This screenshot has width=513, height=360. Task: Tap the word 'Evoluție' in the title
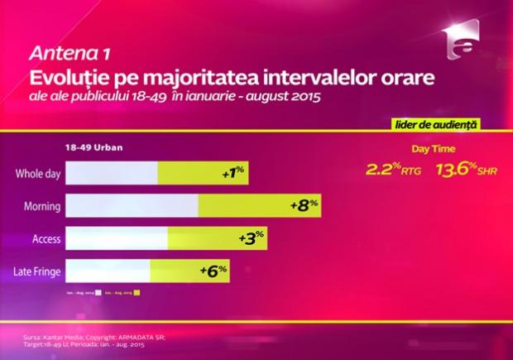pyautogui.click(x=63, y=79)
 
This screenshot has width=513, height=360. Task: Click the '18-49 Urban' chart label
pyautogui.click(x=90, y=147)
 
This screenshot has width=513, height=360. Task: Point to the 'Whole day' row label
pyautogui.click(x=37, y=174)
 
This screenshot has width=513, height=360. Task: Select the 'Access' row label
pyautogui.click(x=46, y=238)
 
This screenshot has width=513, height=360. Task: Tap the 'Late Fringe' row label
pyautogui.click(x=36, y=271)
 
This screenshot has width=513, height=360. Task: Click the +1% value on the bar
pyautogui.click(x=233, y=174)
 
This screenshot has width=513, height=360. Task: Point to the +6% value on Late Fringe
pyautogui.click(x=213, y=270)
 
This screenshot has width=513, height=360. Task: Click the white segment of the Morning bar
pyautogui.click(x=132, y=206)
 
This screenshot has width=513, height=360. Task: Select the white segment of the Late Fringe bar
pyautogui.click(x=108, y=271)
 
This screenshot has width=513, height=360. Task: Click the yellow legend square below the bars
pyautogui.click(x=137, y=292)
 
